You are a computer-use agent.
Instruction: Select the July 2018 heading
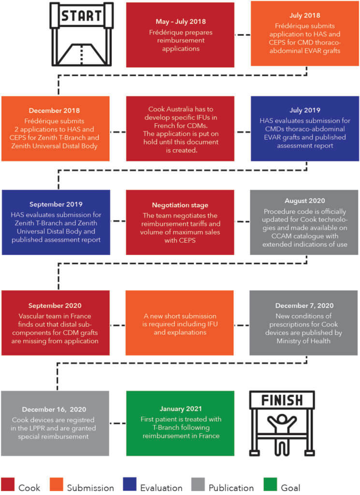(304, 15)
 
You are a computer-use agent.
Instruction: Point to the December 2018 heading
(55, 111)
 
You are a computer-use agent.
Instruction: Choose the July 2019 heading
(305, 111)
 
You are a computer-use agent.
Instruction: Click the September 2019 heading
(55, 204)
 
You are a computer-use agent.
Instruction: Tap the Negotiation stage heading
(180, 205)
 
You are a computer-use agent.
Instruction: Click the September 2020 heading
(55, 306)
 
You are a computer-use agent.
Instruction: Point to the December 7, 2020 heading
(304, 306)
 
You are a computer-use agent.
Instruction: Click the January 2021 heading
(180, 408)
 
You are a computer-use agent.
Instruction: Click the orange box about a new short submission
(180, 322)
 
